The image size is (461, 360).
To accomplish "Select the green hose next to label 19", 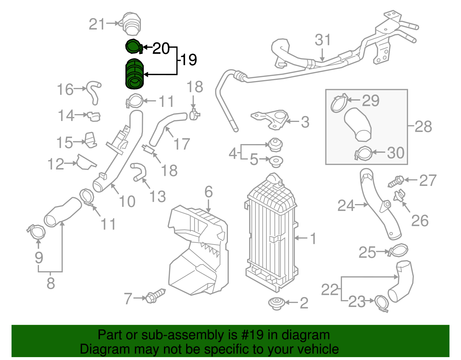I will [x=134, y=74].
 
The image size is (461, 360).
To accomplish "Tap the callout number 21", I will [x=97, y=24].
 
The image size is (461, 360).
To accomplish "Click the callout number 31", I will [x=323, y=40].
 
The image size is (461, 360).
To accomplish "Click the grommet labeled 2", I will [x=276, y=303].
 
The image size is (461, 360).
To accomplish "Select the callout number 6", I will [x=209, y=192].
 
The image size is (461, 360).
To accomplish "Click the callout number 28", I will [x=423, y=127].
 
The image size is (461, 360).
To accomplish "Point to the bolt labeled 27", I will [x=396, y=181].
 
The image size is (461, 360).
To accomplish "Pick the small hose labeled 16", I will [x=94, y=92].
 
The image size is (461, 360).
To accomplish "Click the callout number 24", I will [x=346, y=206].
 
